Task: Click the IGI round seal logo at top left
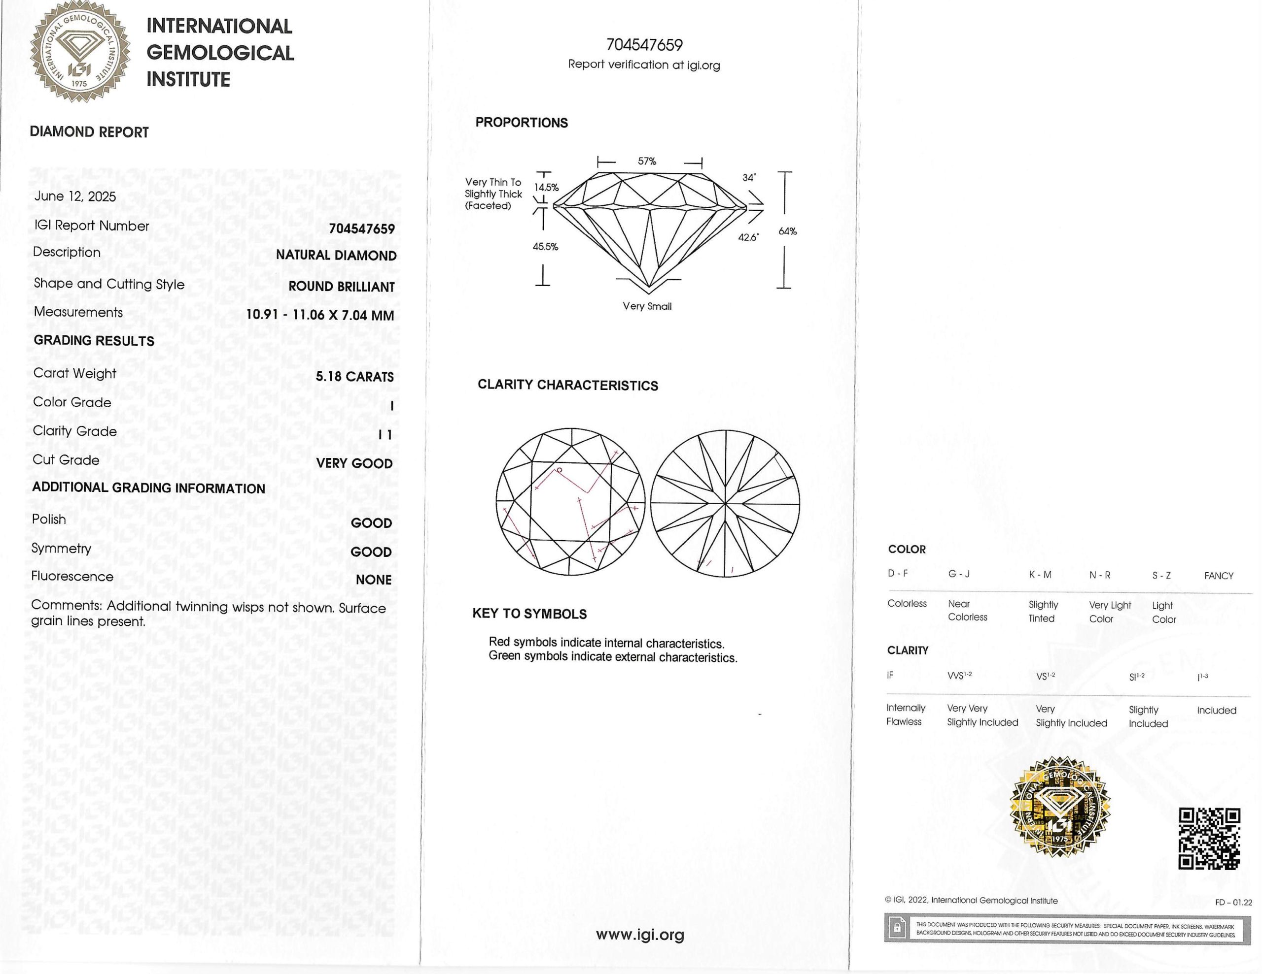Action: point(80,52)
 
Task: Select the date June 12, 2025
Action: point(75,196)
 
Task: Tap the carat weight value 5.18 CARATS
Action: point(355,377)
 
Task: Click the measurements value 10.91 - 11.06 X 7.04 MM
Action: point(320,315)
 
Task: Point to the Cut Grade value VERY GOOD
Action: point(354,464)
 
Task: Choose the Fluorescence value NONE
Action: point(373,580)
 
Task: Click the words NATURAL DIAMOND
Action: point(336,255)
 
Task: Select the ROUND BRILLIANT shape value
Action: point(342,287)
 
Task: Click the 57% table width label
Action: point(647,162)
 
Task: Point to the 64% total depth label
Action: point(787,231)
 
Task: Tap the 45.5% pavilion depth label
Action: point(545,247)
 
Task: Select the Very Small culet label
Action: point(647,306)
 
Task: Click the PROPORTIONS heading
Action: point(521,123)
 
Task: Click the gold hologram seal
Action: point(1059,807)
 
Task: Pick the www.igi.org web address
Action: point(640,934)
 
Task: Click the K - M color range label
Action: point(1040,575)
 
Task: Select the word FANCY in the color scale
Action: point(1218,576)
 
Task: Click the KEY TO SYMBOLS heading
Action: point(529,614)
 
